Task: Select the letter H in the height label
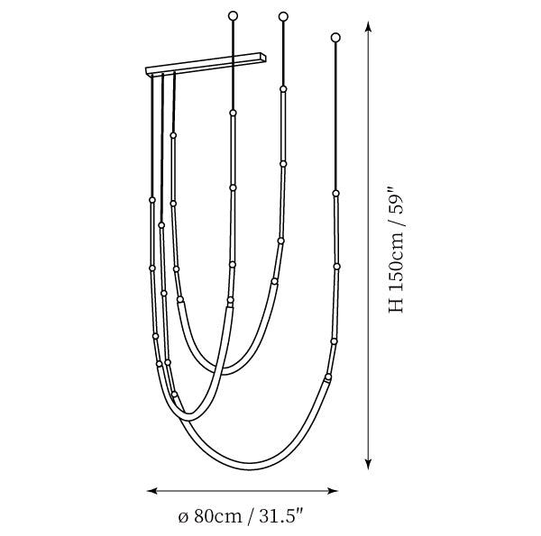pyautogui.click(x=397, y=305)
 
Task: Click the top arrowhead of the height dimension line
pyautogui.click(x=369, y=26)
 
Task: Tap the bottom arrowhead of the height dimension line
pyautogui.click(x=369, y=465)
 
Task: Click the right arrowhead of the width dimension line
pyautogui.click(x=332, y=491)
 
